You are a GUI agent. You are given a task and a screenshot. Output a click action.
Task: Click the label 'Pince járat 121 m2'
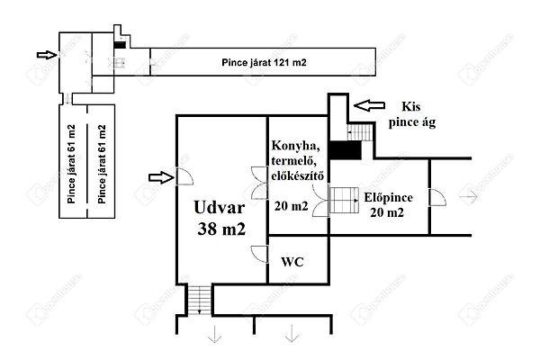click(x=264, y=63)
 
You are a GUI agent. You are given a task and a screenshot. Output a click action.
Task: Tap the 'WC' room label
click(x=292, y=262)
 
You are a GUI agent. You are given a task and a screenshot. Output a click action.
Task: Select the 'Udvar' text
click(x=220, y=207)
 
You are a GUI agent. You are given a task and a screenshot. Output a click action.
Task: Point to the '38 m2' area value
click(x=221, y=229)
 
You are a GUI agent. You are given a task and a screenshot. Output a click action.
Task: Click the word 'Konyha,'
click(x=296, y=146)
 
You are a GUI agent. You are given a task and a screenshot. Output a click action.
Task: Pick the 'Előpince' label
click(x=389, y=197)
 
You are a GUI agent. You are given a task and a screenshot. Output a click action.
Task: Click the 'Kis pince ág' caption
click(x=412, y=114)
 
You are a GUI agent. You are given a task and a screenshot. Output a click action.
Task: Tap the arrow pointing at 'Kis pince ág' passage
click(x=369, y=105)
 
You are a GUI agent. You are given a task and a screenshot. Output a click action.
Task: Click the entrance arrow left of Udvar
click(x=161, y=177)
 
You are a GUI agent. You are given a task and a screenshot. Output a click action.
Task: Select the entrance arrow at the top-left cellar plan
click(x=47, y=55)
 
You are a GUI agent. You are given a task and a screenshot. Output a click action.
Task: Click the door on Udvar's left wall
click(x=184, y=176)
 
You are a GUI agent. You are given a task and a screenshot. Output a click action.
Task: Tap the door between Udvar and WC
click(x=260, y=254)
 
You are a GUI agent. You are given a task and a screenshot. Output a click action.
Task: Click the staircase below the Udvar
click(x=200, y=300)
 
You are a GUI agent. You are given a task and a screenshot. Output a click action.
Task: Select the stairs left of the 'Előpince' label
click(x=344, y=200)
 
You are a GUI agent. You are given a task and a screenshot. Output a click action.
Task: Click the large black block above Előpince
click(x=346, y=150)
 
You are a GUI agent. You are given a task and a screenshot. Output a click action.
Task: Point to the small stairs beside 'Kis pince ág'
click(x=360, y=132)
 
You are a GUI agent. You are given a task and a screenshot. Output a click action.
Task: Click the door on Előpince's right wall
click(x=437, y=197)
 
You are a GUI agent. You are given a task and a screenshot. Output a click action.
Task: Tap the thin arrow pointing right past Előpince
click(x=469, y=197)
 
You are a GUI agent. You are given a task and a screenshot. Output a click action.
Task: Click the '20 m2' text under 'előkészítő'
click(x=291, y=206)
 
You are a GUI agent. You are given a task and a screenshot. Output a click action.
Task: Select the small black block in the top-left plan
click(x=120, y=45)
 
